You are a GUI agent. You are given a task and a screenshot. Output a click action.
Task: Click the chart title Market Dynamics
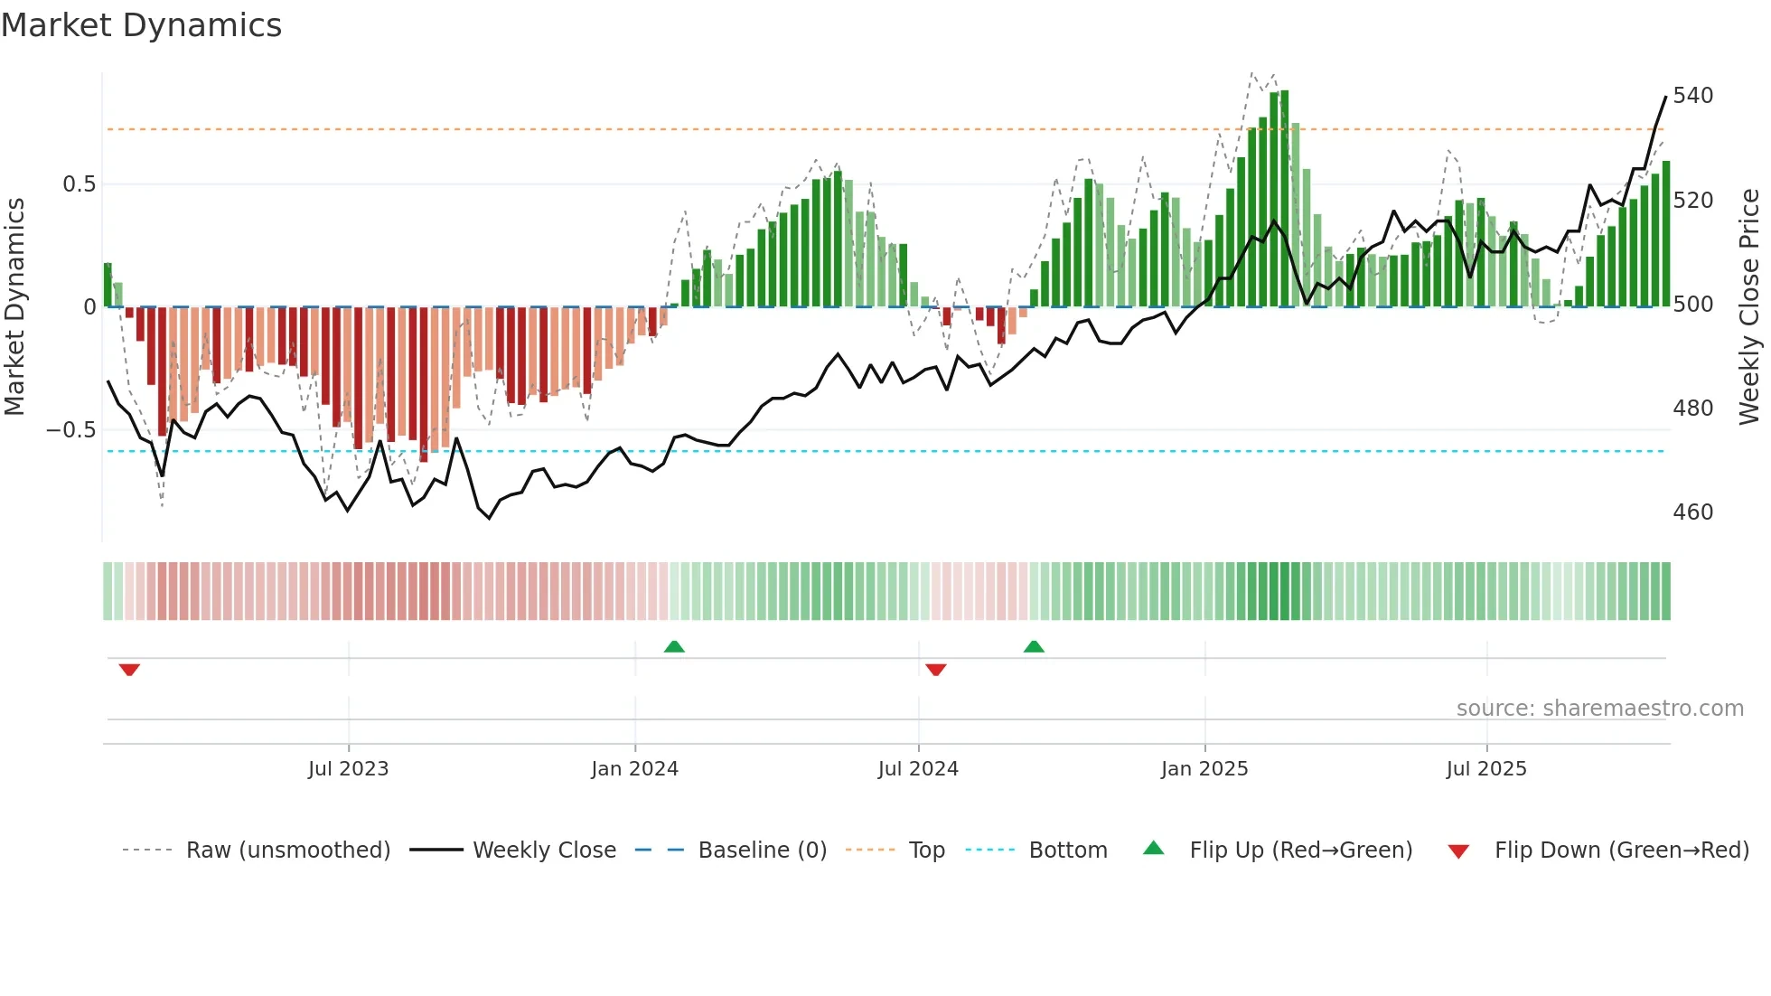pyautogui.click(x=141, y=25)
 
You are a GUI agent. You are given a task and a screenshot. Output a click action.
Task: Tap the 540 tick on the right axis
pyautogui.click(x=1692, y=96)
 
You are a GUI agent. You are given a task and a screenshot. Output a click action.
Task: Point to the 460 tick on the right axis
pyautogui.click(x=1692, y=512)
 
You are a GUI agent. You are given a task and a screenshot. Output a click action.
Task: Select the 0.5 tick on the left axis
pyautogui.click(x=79, y=184)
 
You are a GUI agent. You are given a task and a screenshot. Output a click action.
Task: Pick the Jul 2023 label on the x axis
pyautogui.click(x=348, y=769)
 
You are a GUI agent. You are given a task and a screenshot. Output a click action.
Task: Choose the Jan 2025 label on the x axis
pyautogui.click(x=1204, y=769)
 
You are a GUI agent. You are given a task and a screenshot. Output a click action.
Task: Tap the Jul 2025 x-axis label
pyautogui.click(x=1485, y=769)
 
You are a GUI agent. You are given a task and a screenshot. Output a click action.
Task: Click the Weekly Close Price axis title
pyautogui.click(x=1749, y=307)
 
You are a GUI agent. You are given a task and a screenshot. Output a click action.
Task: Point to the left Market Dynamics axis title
pyautogui.click(x=14, y=307)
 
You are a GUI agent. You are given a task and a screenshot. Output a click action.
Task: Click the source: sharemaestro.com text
pyautogui.click(x=1599, y=709)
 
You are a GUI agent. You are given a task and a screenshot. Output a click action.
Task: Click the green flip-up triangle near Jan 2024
pyautogui.click(x=674, y=646)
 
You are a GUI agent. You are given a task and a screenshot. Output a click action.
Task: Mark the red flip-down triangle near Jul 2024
pyautogui.click(x=936, y=670)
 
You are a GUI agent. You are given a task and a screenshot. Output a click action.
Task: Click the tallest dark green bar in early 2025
pyautogui.click(x=1284, y=199)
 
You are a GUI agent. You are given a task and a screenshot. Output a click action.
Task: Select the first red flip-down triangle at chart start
pyautogui.click(x=129, y=670)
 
